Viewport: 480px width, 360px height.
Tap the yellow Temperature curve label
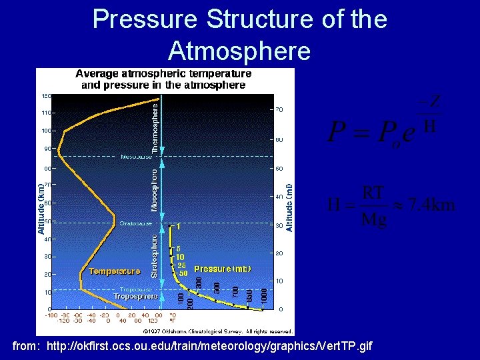(x=114, y=271)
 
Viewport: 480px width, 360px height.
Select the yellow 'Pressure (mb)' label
(x=223, y=269)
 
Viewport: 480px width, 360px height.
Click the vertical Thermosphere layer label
(x=155, y=127)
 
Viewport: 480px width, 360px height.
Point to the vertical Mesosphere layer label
(x=155, y=190)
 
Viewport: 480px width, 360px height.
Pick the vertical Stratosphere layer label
(x=155, y=255)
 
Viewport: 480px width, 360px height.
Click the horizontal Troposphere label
(x=135, y=296)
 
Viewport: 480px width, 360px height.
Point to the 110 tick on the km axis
(x=47, y=113)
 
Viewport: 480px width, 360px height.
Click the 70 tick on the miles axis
(x=279, y=109)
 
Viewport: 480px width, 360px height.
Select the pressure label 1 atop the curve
(x=178, y=227)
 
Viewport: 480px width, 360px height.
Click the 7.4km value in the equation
(x=432, y=205)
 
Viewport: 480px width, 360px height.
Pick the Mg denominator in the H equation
(x=373, y=220)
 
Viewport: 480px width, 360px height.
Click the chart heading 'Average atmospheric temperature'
(x=163, y=73)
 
